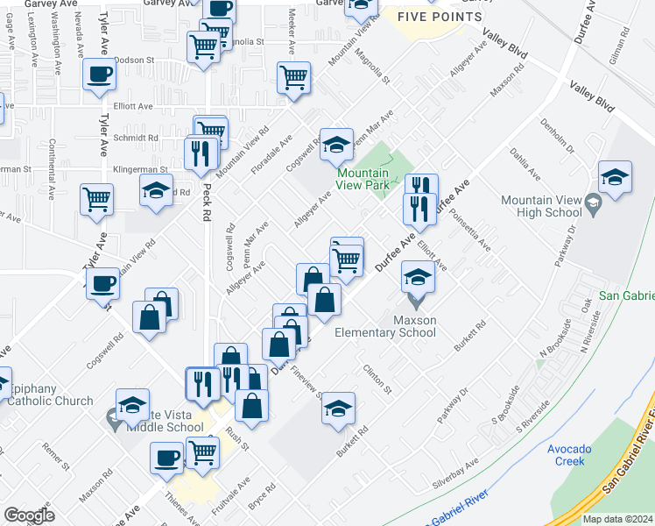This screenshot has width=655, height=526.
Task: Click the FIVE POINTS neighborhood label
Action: point(439,18)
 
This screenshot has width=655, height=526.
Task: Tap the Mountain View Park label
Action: point(363,180)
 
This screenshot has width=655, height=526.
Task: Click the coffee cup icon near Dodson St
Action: point(99,74)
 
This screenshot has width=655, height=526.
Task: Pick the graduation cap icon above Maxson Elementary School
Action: point(418,277)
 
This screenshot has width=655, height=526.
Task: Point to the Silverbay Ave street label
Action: point(455,473)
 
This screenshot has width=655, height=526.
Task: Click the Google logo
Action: point(30,515)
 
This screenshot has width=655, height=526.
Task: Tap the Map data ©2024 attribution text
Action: point(616,519)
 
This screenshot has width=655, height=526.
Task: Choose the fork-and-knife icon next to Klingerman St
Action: point(201,154)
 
